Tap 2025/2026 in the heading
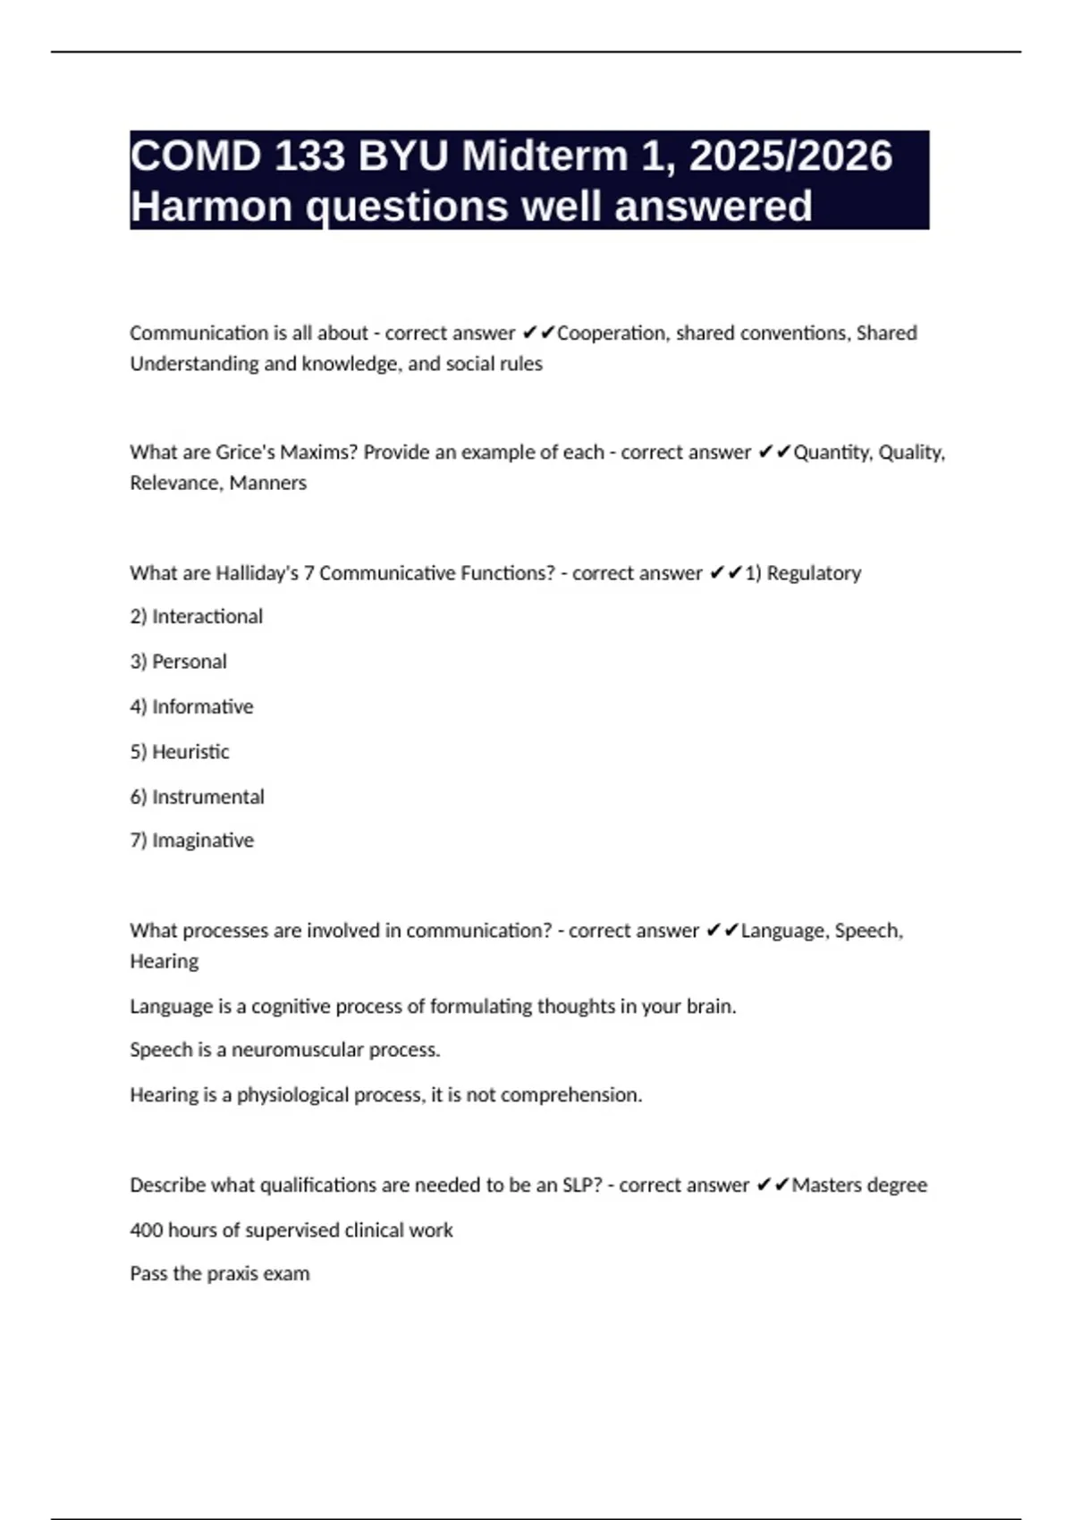coord(790,156)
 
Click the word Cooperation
coord(611,333)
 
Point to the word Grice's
coord(245,452)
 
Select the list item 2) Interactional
coord(196,617)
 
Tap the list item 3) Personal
coord(178,662)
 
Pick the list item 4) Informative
coord(191,707)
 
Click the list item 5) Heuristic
coord(179,752)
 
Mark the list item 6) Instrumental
coord(197,797)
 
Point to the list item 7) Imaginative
coord(191,840)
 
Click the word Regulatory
coord(814,573)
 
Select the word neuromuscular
coord(298,1050)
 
